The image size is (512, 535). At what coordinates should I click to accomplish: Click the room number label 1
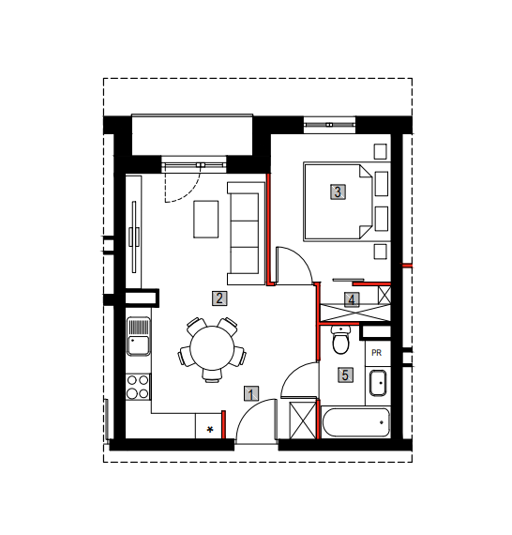[251, 394]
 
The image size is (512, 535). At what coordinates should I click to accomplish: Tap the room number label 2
[219, 298]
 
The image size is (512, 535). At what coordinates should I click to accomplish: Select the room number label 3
[338, 191]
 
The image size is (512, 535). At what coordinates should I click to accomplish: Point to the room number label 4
[352, 300]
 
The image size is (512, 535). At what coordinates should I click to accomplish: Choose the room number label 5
[345, 375]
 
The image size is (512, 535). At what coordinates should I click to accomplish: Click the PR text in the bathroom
[376, 353]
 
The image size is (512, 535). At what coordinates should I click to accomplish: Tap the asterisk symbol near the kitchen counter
[210, 430]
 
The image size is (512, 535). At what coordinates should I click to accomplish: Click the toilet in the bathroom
[340, 340]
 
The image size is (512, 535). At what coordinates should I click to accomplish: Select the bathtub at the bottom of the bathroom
[355, 422]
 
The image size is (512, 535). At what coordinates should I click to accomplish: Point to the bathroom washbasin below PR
[378, 383]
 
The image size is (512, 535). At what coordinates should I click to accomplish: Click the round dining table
[212, 348]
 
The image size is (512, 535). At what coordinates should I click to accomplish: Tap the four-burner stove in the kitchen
[138, 387]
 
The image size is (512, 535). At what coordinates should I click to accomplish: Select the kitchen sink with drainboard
[138, 336]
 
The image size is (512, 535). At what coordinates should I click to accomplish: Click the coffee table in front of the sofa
[206, 219]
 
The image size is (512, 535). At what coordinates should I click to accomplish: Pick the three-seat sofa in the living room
[246, 234]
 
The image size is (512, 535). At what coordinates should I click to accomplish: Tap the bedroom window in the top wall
[329, 125]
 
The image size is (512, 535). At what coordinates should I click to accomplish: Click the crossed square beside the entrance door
[303, 420]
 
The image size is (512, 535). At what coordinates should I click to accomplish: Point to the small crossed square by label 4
[384, 295]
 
